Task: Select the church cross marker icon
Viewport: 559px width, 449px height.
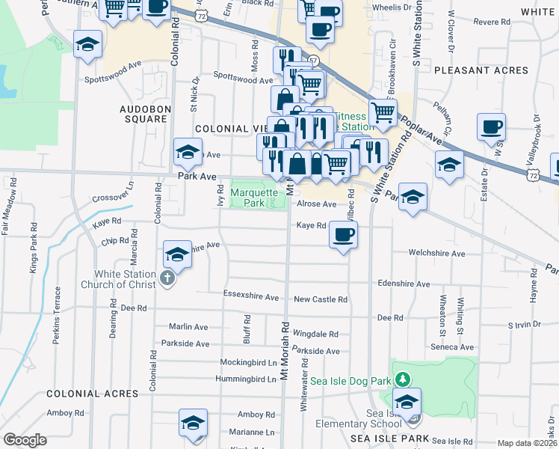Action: coord(167,280)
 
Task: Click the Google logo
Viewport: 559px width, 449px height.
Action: coord(25,440)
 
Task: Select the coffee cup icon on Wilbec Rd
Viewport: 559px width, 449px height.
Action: coord(343,235)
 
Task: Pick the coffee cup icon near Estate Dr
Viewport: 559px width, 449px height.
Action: coord(492,127)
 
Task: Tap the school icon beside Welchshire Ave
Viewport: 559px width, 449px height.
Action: coord(176,255)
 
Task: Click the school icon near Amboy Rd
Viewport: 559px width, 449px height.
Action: coord(193,423)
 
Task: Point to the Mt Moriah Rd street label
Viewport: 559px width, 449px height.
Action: coord(285,351)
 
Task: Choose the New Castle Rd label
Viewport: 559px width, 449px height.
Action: coord(321,299)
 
